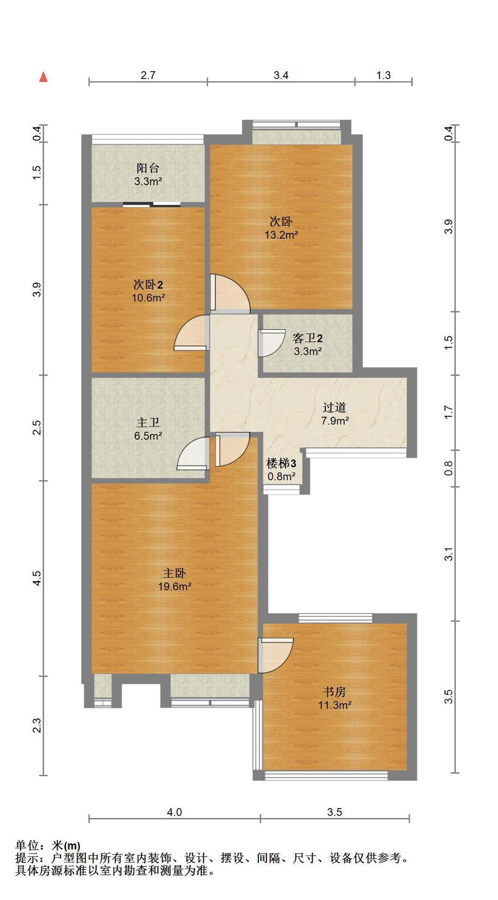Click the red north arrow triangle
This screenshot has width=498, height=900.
44,77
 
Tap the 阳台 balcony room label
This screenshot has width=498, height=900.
148,168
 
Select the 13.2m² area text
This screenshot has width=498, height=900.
281,235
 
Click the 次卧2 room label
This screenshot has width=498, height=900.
148,284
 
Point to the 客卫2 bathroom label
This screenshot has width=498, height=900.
307,338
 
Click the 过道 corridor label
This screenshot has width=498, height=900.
335,407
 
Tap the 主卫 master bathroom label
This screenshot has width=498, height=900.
148,423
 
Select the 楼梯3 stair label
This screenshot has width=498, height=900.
281,464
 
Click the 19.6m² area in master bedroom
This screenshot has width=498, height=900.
174,586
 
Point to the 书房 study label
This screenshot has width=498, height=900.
335,691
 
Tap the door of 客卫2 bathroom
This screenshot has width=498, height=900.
272,343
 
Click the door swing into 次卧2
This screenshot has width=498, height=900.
192,333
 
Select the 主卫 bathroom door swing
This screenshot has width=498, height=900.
193,453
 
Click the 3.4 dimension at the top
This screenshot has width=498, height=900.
281,75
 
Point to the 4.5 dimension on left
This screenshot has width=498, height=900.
37,578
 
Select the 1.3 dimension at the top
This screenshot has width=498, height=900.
383,75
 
